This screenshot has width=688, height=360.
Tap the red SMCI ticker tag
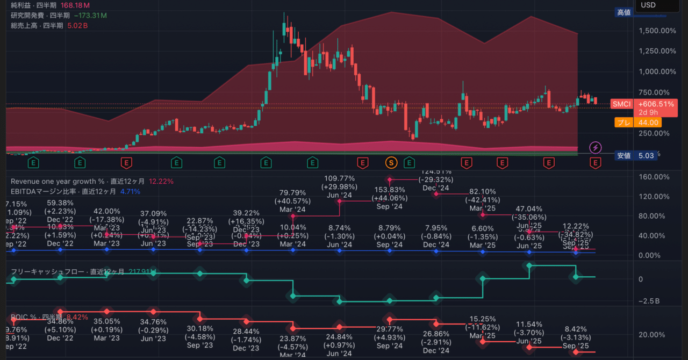621,104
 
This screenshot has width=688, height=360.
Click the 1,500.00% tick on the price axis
657,31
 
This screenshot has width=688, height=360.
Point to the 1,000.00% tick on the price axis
657,71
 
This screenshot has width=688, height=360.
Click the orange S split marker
391,162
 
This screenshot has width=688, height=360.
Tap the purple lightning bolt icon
595,147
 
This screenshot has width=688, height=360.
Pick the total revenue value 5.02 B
78,25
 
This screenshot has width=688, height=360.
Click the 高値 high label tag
623,12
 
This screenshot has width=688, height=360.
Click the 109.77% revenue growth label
339,178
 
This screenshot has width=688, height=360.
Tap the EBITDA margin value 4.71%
130,191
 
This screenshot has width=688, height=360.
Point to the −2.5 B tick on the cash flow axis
648,301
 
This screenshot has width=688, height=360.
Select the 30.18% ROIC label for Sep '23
200,329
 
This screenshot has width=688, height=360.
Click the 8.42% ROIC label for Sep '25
576,329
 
